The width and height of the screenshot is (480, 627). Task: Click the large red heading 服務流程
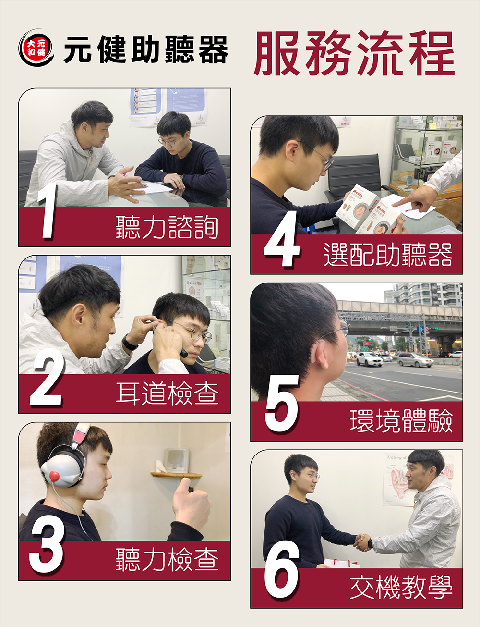354,53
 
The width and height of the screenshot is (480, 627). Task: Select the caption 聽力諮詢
167,227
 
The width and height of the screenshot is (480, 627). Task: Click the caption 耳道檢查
167,393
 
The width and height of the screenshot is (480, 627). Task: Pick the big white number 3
47,546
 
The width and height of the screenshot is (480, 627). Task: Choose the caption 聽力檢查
167,560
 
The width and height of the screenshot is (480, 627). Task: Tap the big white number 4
282,239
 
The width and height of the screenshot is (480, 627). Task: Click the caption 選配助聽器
388,255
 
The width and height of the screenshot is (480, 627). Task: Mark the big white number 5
282,405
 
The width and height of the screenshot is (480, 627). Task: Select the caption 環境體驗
401,421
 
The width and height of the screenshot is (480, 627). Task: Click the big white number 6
281,570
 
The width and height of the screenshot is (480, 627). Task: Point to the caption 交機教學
401,587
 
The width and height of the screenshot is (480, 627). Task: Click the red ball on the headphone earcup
54,476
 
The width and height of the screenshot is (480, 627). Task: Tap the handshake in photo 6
362,542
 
